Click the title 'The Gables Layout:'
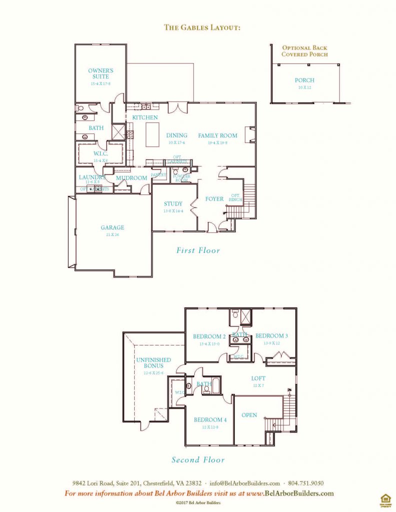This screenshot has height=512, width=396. (203, 27)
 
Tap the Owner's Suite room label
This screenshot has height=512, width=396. (101, 73)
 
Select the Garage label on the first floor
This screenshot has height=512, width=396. (112, 227)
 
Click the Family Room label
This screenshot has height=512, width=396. (218, 135)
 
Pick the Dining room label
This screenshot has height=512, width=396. (177, 135)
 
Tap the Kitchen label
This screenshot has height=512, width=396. (145, 117)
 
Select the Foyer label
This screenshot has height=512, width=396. (214, 199)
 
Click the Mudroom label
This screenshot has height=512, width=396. (132, 178)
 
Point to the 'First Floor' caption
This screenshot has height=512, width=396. (198, 250)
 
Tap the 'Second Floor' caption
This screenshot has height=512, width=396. (198, 460)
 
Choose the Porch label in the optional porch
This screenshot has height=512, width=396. (304, 80)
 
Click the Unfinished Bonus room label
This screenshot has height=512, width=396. (154, 363)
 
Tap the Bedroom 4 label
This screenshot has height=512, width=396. (210, 420)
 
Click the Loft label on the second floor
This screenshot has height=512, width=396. (259, 378)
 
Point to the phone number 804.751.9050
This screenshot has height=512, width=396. (310, 483)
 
